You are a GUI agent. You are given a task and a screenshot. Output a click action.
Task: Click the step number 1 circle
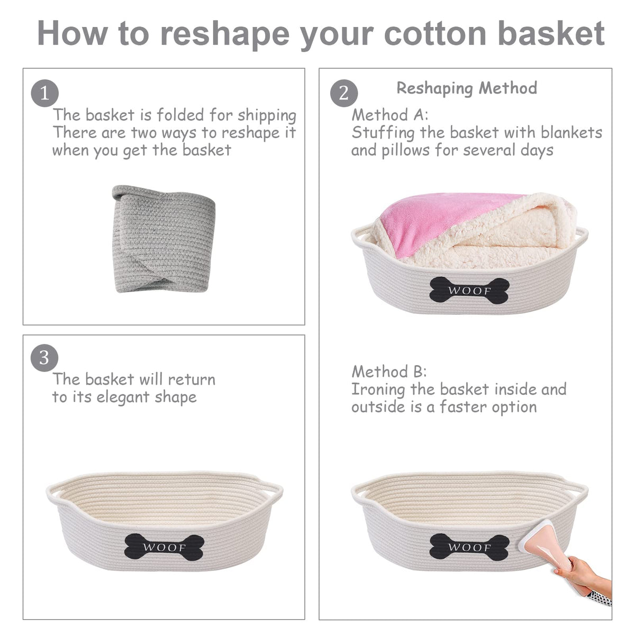click(x=45, y=93)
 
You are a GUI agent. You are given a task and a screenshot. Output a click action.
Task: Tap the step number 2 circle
click(x=344, y=93)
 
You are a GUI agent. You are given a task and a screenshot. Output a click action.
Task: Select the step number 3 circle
click(x=44, y=358)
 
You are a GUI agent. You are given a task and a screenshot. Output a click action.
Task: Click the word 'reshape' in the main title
click(x=224, y=34)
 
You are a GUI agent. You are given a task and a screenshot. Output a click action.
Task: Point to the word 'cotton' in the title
click(x=436, y=34)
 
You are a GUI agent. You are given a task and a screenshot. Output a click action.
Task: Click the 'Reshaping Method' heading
click(x=467, y=88)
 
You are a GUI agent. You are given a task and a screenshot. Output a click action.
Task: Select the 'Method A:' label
click(x=390, y=115)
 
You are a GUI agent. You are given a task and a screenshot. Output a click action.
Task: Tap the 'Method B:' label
click(x=389, y=371)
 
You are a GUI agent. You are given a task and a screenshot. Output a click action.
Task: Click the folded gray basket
click(x=164, y=239)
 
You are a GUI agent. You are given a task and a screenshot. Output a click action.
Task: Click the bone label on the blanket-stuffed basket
click(x=469, y=291)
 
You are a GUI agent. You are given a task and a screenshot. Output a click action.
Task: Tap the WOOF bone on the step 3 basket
click(x=164, y=547)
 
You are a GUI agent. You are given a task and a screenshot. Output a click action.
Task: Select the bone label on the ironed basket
click(x=469, y=547)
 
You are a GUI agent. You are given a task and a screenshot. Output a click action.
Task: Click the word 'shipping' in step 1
click(x=267, y=116)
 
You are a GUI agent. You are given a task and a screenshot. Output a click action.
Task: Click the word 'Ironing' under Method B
click(x=378, y=390)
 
